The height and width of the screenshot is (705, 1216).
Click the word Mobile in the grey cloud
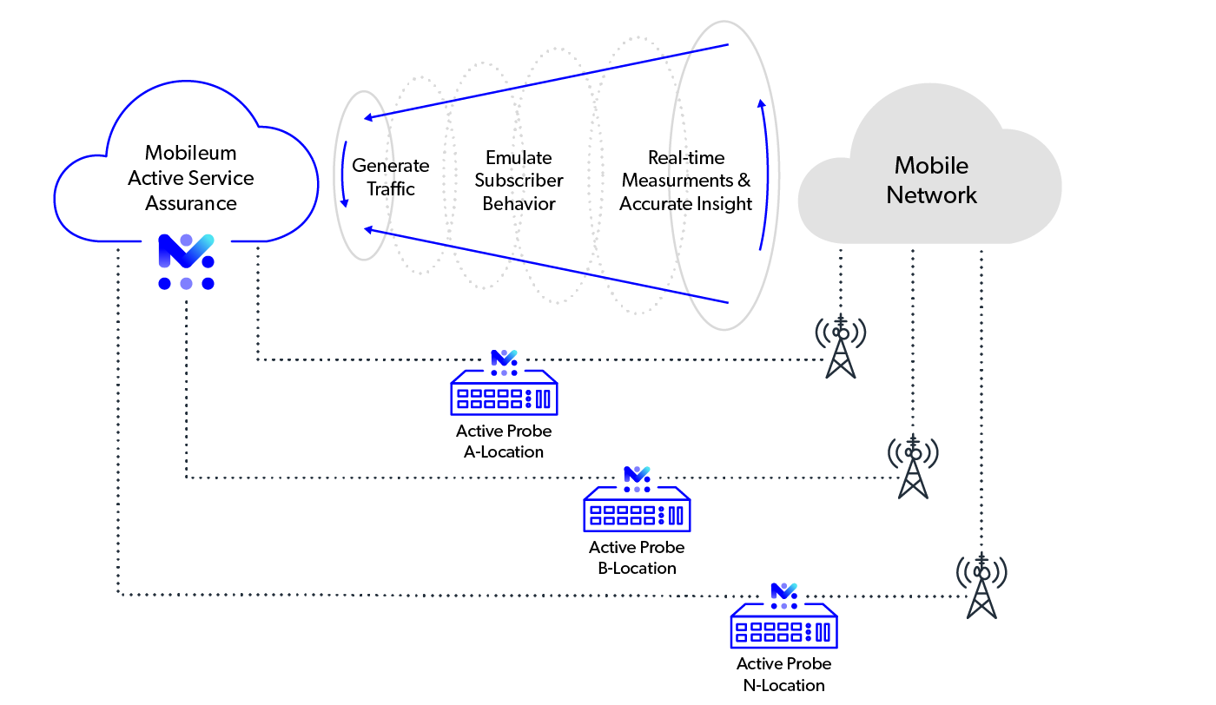point(931,165)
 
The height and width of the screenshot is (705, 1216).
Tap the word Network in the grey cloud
point(931,194)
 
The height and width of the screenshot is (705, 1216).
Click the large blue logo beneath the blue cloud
point(186,250)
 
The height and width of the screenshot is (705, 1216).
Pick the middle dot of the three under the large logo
point(186,283)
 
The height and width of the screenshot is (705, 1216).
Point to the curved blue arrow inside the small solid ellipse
point(344,174)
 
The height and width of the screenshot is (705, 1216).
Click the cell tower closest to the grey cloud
point(840,347)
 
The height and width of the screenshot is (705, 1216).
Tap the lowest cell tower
point(981,586)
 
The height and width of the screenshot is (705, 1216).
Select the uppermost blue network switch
point(504,393)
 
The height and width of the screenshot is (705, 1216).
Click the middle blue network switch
point(637,510)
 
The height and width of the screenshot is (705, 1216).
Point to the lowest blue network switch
point(783,626)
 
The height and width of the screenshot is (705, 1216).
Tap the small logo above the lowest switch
point(783,592)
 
